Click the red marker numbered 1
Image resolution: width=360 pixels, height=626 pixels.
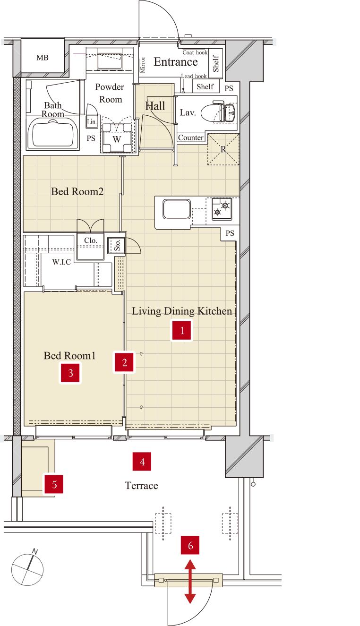[x=182, y=331]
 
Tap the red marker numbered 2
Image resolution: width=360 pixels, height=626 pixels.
[x=124, y=362]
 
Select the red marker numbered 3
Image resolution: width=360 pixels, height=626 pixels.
[x=70, y=373]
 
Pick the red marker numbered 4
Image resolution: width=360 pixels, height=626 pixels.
[x=142, y=462]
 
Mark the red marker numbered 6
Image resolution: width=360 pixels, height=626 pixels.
[x=190, y=545]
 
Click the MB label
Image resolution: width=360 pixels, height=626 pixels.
[x=43, y=58]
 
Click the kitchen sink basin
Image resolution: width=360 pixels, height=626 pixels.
[x=177, y=209]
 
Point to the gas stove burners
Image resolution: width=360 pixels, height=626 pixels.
[x=222, y=209]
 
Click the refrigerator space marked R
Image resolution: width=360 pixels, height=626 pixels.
[x=223, y=149]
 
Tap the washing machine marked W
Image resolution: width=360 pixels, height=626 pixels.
[x=117, y=138]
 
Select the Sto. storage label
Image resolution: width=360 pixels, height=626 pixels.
[x=117, y=245]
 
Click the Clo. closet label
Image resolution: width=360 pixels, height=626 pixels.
[x=91, y=240]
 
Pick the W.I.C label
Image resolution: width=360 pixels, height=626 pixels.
[x=61, y=262]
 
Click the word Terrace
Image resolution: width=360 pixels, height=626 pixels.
[x=141, y=486]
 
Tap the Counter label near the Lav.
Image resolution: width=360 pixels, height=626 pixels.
[x=191, y=138]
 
